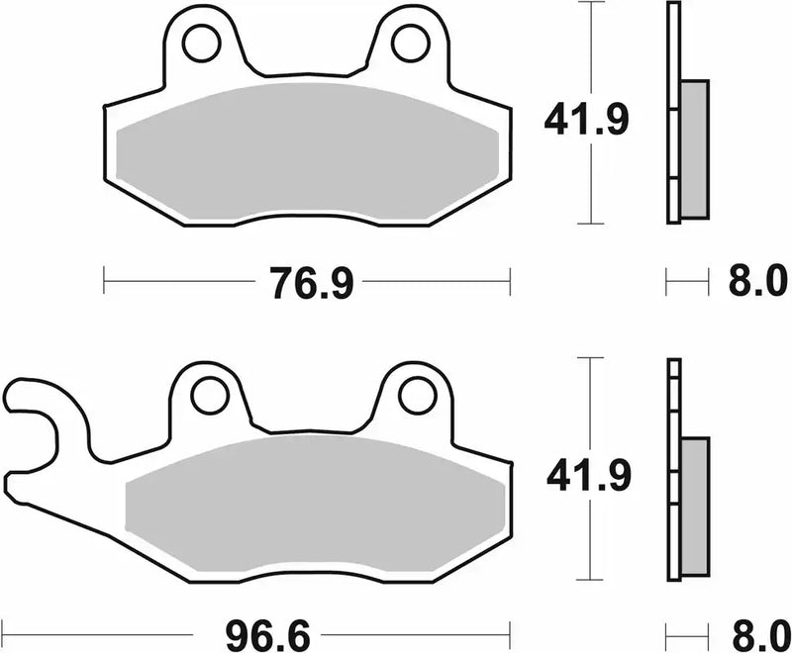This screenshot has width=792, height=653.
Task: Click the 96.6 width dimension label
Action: [263, 630]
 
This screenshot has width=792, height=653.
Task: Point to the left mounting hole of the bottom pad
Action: [209, 397]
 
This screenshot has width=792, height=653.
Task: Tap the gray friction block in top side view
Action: [696, 148]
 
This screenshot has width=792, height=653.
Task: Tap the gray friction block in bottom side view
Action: [696, 506]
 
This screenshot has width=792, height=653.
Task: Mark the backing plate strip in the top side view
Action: [674, 114]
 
